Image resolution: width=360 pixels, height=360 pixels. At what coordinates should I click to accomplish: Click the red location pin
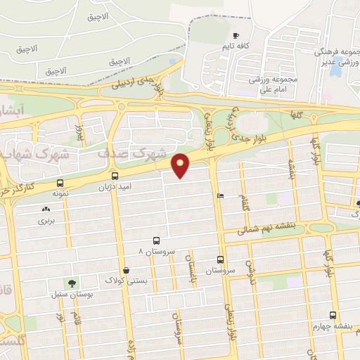(181, 165)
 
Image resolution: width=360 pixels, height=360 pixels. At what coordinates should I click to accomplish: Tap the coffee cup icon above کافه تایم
(236, 36)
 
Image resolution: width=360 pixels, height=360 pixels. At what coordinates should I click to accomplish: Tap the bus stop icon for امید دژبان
(115, 176)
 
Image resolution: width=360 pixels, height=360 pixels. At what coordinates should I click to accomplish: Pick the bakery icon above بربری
(46, 209)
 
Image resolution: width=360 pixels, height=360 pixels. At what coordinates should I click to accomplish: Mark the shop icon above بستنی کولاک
(126, 270)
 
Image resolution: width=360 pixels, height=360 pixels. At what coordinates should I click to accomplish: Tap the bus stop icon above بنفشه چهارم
(333, 315)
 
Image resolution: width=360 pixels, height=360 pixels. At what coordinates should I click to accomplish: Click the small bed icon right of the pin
(221, 196)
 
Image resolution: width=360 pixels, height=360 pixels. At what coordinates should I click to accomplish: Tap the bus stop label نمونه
(59, 191)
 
